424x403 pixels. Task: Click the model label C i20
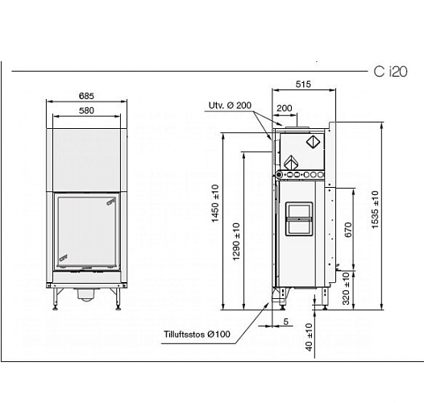point(391,73)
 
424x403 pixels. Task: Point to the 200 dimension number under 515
point(284,108)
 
